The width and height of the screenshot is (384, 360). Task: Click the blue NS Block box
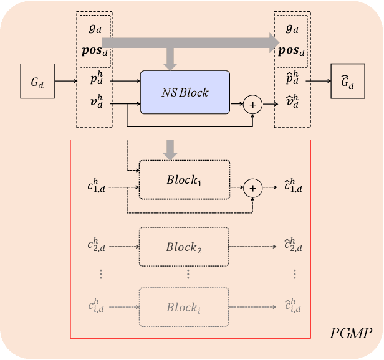coord(185,92)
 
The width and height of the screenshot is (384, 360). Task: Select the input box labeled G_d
coord(37,80)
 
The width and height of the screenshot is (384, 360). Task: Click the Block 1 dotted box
coord(185,179)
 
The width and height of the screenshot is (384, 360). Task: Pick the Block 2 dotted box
coord(185,246)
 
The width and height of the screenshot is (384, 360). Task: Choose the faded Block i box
coord(185,307)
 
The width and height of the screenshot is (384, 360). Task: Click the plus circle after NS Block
coord(253,105)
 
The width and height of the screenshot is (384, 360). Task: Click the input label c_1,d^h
coord(97,186)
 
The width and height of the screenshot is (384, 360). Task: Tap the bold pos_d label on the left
coord(95,50)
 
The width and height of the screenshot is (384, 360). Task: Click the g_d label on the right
coord(292,29)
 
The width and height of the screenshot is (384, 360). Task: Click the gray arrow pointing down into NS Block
coord(170,61)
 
